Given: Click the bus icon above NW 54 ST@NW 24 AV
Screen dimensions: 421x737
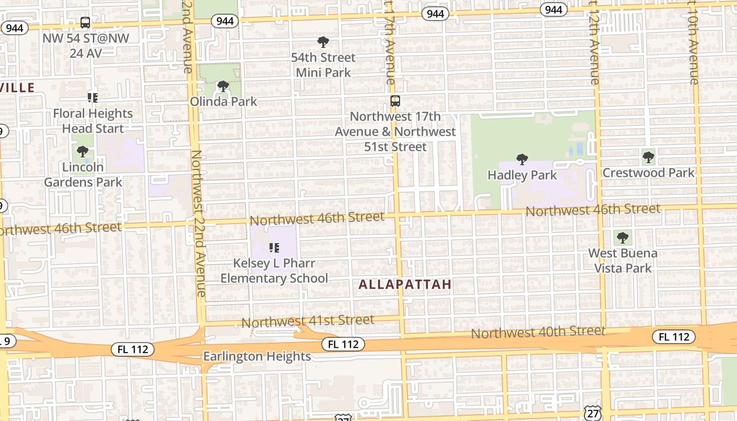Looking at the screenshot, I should [x=85, y=23].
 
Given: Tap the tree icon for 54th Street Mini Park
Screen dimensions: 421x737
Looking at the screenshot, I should [x=323, y=42].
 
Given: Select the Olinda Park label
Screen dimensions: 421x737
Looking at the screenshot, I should [x=223, y=101].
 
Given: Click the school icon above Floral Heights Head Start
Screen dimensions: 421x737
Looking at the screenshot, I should [x=93, y=97].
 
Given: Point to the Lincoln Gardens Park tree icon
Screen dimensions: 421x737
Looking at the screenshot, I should [x=83, y=152].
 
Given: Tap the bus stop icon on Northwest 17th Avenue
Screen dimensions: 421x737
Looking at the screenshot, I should [x=395, y=101].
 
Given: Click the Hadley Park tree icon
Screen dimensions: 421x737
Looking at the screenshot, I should [x=522, y=159].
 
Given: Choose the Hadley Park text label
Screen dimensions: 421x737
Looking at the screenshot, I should [x=522, y=175].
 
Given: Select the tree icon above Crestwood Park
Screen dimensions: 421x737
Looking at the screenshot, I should [x=649, y=157].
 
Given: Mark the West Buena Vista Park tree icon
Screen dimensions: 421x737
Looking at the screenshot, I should [x=622, y=237].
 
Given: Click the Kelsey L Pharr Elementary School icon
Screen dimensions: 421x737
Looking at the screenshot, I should [x=274, y=247].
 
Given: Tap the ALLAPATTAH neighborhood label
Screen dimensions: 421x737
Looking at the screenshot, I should [x=405, y=285].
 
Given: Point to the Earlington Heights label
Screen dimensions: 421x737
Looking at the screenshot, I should [x=257, y=356].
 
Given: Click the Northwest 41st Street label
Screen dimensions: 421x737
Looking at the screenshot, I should [x=308, y=320].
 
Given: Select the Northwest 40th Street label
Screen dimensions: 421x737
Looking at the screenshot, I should [x=537, y=332].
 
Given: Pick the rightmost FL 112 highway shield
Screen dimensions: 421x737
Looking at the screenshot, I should [x=674, y=337].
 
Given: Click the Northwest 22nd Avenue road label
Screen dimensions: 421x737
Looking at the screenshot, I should [x=198, y=224].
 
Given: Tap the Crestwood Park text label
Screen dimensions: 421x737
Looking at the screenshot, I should [x=648, y=173].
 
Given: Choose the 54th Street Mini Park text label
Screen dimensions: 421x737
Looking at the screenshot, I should [x=323, y=65].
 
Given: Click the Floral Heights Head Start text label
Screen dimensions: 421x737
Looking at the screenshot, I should [x=93, y=121].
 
